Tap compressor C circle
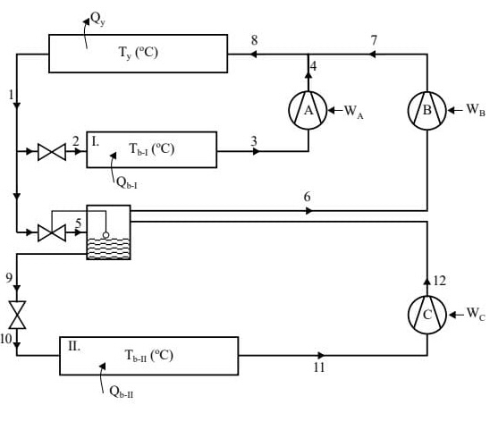[x=427, y=314]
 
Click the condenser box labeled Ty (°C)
[x=138, y=54]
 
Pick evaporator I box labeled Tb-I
[x=151, y=149]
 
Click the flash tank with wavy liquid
[x=108, y=232]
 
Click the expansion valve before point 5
[x=46, y=233]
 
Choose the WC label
[x=475, y=315]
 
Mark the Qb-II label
[x=122, y=392]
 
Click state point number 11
[x=318, y=367]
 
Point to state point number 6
[x=307, y=197]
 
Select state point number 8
[x=254, y=40]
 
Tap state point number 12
[x=439, y=281]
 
